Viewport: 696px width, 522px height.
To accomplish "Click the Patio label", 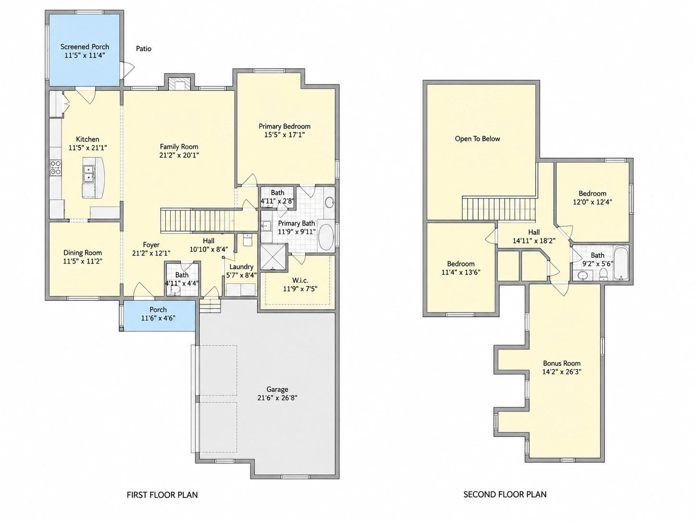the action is (143, 49).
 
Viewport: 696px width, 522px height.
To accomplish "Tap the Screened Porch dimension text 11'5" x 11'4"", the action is (85, 55).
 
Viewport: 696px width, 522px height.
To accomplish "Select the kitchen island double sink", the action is (88, 174).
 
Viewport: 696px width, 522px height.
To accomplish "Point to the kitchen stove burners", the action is (56, 168).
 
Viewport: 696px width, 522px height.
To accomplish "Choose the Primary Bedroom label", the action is (285, 126).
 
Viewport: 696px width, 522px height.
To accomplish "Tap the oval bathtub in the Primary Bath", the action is (325, 237).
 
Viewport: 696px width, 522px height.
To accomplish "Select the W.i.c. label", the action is (300, 280).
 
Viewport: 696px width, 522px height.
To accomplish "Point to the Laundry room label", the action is (241, 267).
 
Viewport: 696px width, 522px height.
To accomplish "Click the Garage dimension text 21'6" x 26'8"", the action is (277, 398).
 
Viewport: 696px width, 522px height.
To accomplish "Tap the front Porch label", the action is (158, 310).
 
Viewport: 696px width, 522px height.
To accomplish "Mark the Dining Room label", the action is (83, 253).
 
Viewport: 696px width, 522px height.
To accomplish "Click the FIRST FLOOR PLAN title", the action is (162, 495).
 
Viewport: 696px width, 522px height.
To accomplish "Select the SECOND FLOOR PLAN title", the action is (505, 495).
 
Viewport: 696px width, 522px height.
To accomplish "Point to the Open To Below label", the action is (477, 138).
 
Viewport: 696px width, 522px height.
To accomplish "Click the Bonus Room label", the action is (561, 363).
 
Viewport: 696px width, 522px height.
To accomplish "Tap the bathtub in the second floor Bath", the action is (621, 263).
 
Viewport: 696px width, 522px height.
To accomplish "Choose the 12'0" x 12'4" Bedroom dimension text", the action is (592, 202).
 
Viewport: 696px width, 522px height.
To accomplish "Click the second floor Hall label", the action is (534, 232).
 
